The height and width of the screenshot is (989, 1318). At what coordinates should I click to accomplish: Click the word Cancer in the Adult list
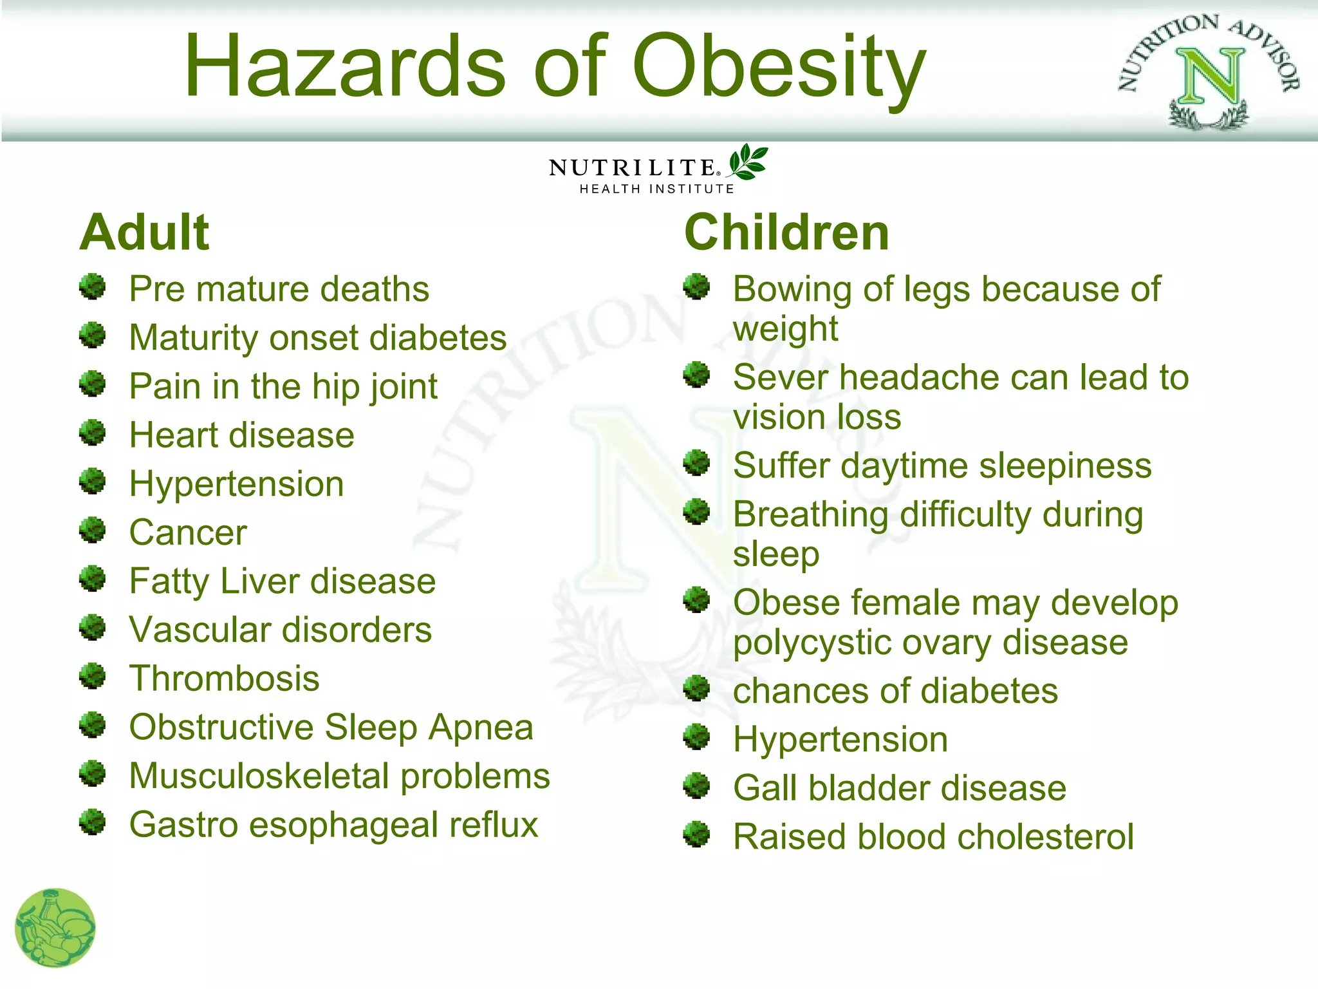pos(188,532)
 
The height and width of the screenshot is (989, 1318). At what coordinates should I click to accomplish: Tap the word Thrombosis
pos(224,679)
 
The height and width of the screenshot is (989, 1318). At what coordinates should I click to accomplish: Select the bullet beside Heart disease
pos(93,433)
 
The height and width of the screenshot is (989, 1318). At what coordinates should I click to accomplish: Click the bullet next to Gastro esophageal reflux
pos(93,822)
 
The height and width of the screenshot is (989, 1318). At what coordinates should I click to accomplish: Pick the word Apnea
pos(481,728)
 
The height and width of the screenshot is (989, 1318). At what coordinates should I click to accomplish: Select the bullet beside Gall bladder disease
pos(696,786)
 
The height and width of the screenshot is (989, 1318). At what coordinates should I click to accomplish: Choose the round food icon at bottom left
pos(55,928)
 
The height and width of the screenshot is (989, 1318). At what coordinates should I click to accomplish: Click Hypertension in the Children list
pos(840,740)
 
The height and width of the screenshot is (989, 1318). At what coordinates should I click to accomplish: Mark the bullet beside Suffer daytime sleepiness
pos(696,463)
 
